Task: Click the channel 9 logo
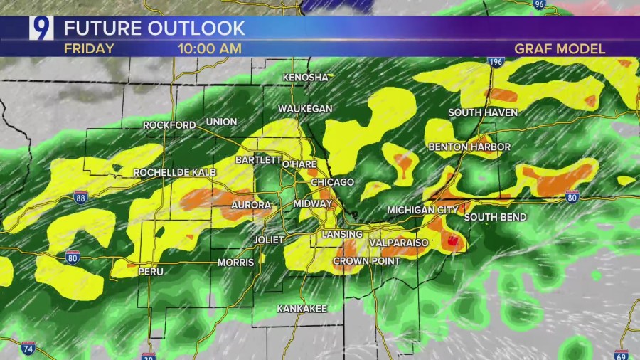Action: [41, 28]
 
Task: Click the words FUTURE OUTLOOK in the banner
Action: [154, 28]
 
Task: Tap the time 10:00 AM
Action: [210, 49]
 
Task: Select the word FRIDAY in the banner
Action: [89, 49]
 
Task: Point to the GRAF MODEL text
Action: [560, 49]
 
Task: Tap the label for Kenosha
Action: [306, 78]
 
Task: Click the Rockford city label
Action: [169, 125]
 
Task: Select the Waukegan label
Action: [305, 108]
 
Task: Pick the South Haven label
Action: [483, 113]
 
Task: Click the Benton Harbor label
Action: [469, 147]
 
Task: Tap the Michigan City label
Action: [423, 211]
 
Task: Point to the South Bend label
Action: [496, 217]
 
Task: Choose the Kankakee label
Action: [302, 309]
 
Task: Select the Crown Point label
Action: [366, 261]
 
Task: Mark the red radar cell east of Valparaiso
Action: [452, 241]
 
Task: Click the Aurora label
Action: [251, 206]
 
